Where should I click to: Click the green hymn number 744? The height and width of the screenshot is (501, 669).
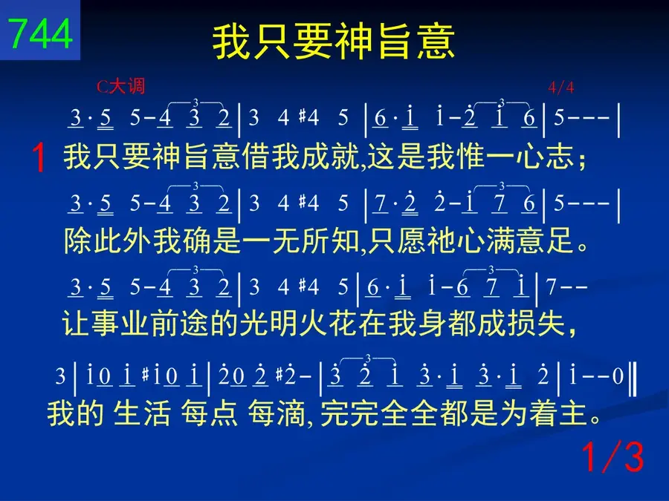click(40, 34)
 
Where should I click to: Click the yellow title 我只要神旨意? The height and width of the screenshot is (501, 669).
click(334, 42)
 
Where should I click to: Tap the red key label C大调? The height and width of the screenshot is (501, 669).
click(120, 87)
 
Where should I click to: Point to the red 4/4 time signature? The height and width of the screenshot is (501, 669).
click(560, 88)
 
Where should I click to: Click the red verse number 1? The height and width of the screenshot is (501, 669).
click(39, 157)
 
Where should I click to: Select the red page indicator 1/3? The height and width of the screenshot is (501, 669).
click(613, 457)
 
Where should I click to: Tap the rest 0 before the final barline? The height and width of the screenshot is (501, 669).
click(618, 376)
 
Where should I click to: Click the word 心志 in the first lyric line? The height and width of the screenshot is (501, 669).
click(544, 157)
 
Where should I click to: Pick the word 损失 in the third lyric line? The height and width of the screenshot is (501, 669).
click(536, 324)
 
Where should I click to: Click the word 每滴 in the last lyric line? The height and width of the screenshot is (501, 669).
click(277, 413)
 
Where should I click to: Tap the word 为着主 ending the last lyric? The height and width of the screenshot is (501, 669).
click(543, 413)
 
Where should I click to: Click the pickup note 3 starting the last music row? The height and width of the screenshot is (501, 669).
click(60, 376)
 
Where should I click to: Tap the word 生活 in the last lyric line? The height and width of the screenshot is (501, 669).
click(142, 413)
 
